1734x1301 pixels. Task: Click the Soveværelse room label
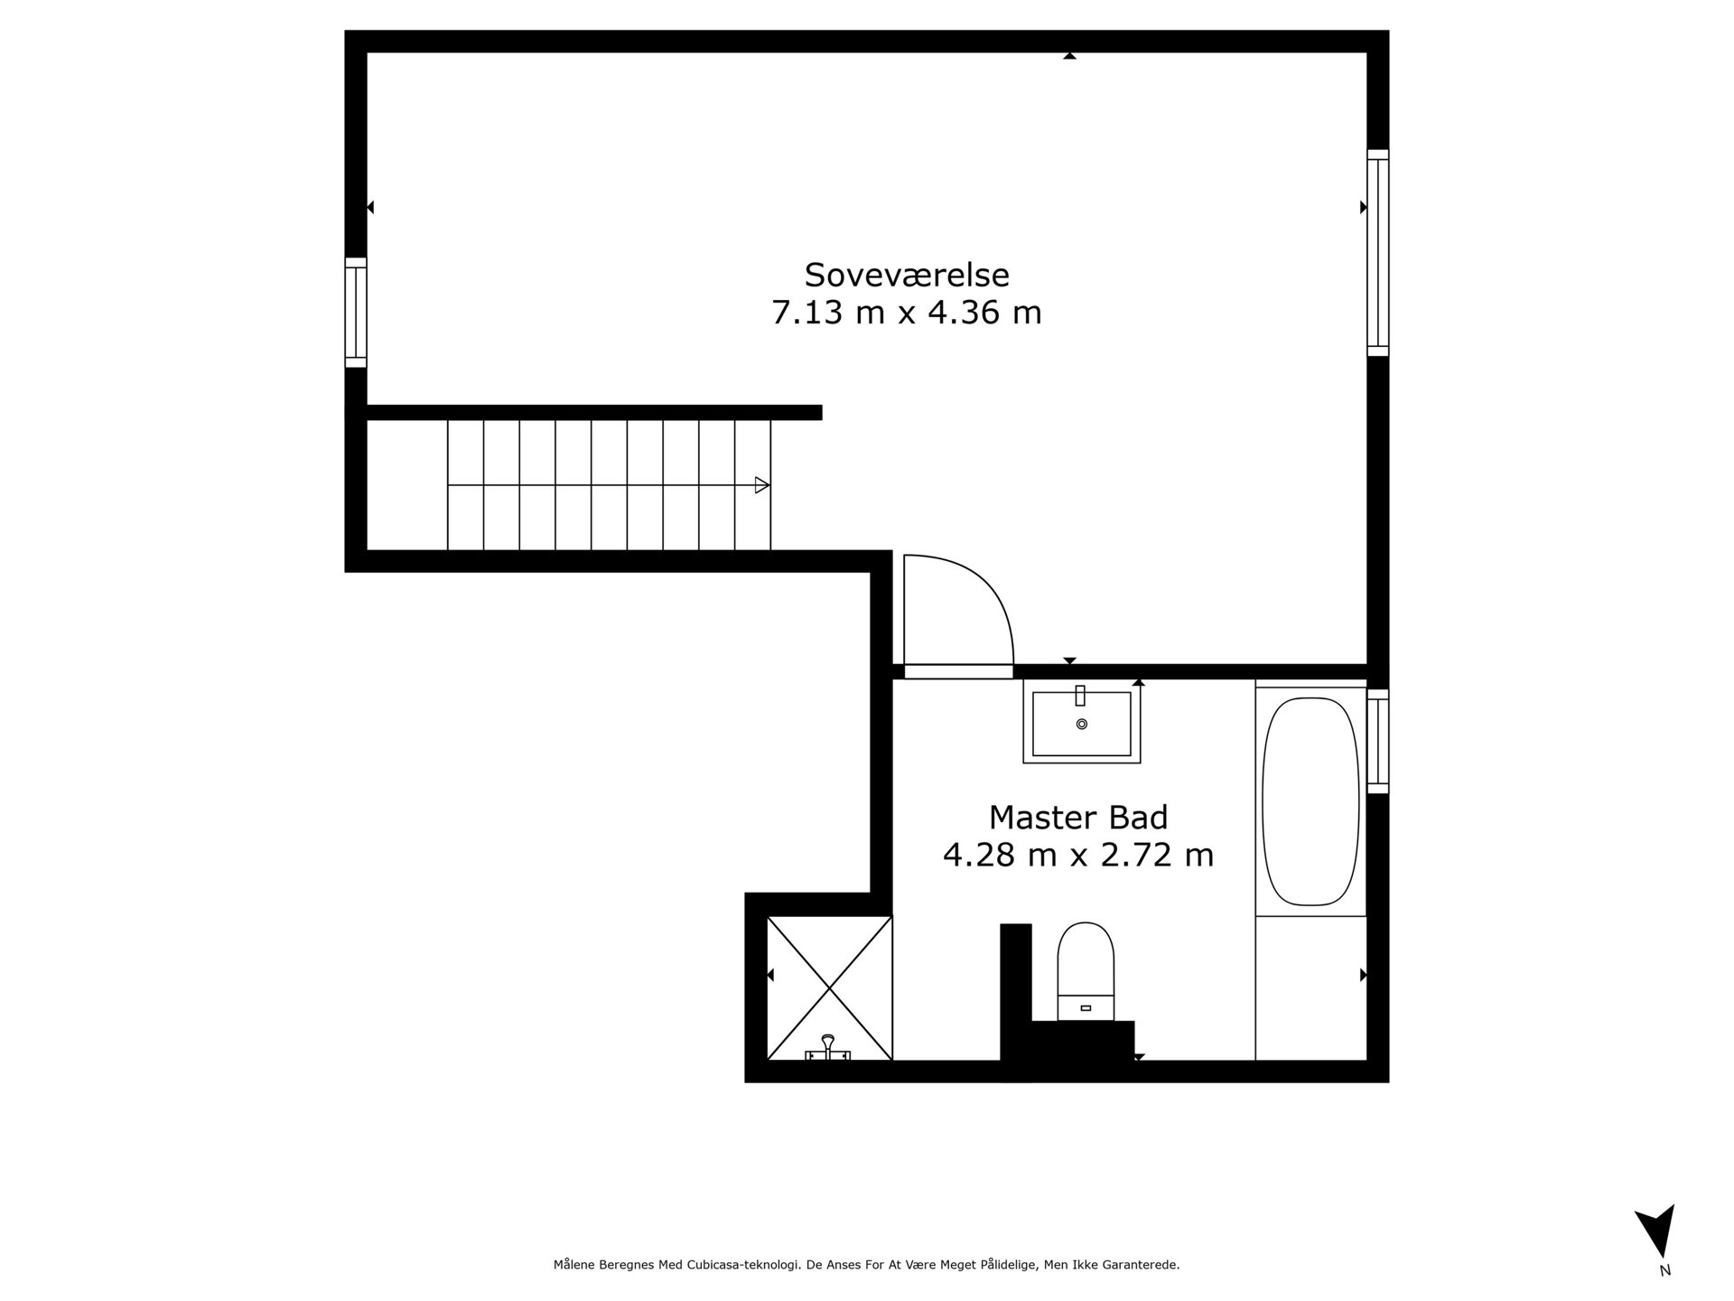tap(907, 274)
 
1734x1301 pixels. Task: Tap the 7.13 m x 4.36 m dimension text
tap(907, 313)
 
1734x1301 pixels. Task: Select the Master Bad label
tap(1078, 817)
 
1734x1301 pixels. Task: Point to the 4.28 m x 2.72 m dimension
tap(1078, 855)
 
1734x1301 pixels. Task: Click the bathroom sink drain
tap(1082, 724)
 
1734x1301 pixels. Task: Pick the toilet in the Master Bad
tap(1086, 971)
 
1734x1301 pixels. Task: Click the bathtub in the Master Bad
tap(1310, 801)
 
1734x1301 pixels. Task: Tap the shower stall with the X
tap(829, 987)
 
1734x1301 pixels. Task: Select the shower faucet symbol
tap(827, 1049)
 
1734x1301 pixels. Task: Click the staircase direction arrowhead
tap(762, 485)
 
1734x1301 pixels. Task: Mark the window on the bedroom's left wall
tap(356, 313)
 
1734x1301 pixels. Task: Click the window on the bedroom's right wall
tap(1377, 253)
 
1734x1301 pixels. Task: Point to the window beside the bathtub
tap(1377, 742)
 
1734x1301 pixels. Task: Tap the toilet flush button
tap(1086, 1007)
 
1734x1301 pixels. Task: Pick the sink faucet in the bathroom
tap(1080, 695)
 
